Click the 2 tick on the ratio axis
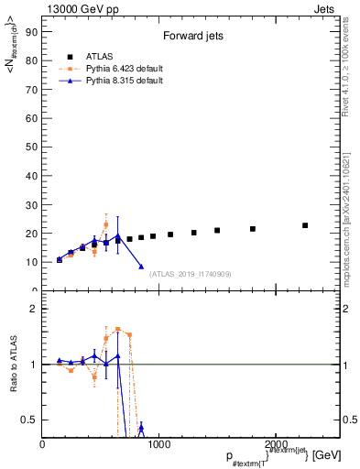click(x=35, y=309)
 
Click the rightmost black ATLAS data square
click(x=305, y=225)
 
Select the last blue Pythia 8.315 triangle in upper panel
click(x=141, y=267)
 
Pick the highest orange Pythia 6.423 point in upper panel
click(x=105, y=224)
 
